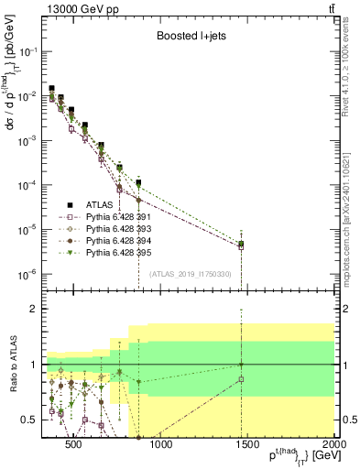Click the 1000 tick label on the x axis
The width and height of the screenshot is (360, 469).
click(x=160, y=446)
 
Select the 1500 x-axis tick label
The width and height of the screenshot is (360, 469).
click(x=247, y=446)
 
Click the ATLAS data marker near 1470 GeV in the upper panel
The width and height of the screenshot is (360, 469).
click(x=242, y=244)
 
